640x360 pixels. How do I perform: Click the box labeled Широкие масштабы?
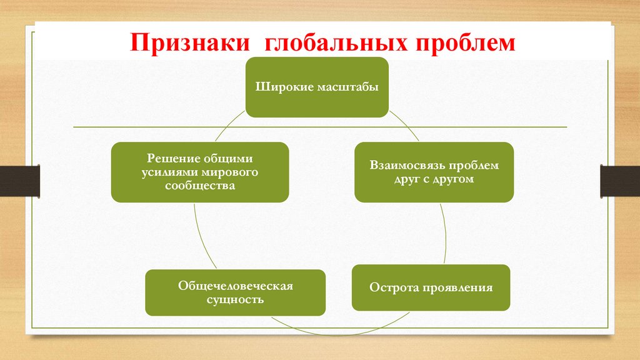pos(317,87)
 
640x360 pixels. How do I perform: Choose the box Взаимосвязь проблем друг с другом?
pos(434,172)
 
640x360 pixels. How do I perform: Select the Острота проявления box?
pos(431,287)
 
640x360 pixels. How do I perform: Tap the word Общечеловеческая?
pos(236,286)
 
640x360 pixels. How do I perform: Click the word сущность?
pos(236,299)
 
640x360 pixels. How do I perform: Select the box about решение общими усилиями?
pos(200,172)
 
